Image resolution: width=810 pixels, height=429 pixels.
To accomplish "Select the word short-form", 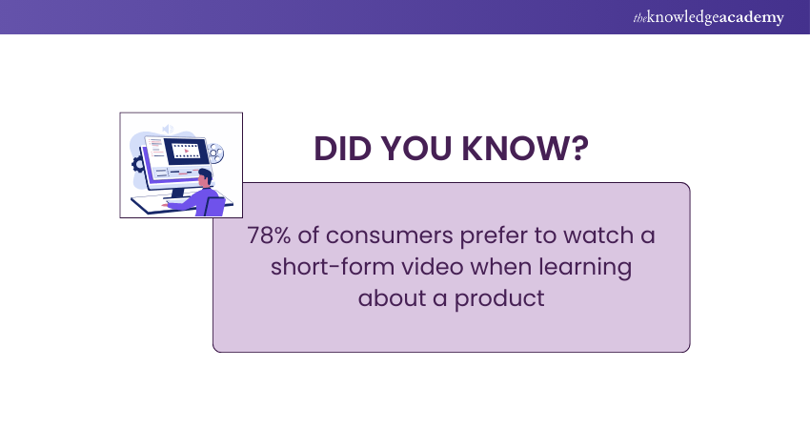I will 315,267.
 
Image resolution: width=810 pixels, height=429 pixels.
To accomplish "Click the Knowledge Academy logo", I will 708,17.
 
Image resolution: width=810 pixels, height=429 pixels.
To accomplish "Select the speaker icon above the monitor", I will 168,128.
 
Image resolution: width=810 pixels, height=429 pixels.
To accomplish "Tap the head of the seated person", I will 204,176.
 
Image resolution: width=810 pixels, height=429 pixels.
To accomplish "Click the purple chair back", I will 215,206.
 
